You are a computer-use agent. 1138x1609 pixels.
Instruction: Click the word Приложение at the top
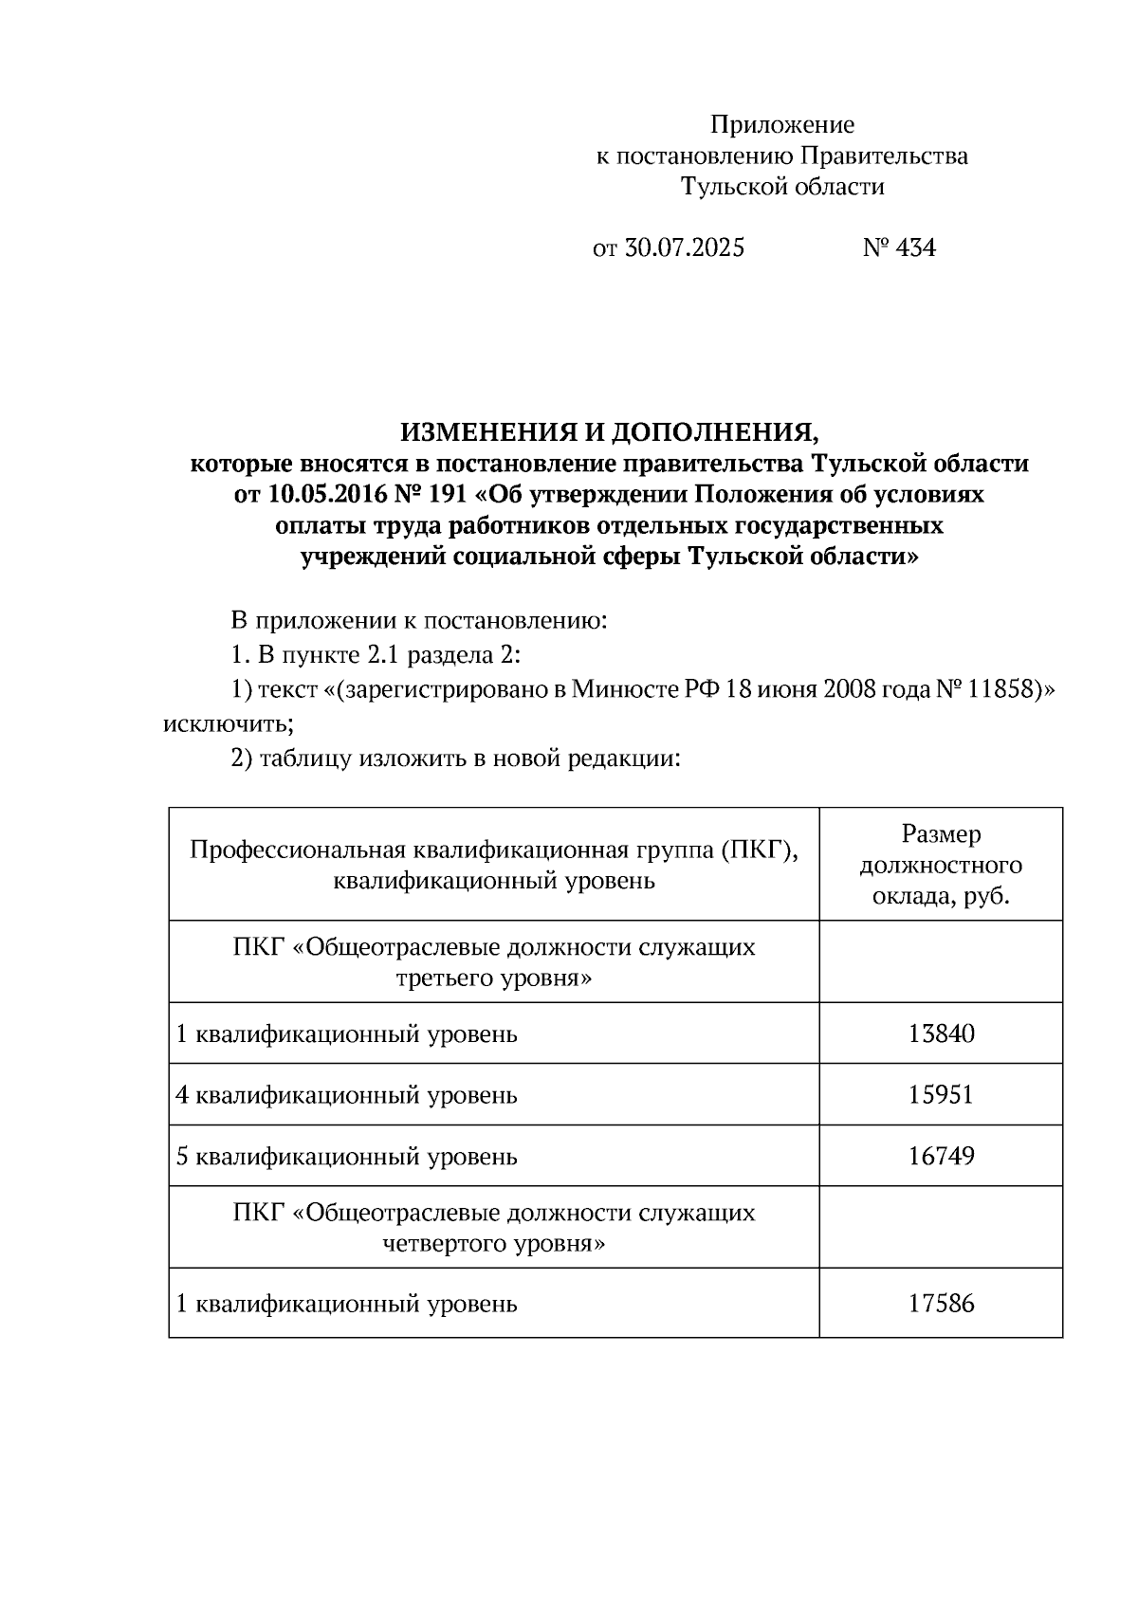[782, 125]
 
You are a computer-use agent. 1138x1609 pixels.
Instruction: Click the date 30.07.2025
[684, 248]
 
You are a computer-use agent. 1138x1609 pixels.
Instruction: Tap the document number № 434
[899, 248]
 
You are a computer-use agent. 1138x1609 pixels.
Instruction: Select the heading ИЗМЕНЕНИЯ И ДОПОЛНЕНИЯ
[609, 433]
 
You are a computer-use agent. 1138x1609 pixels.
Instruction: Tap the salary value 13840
[941, 1033]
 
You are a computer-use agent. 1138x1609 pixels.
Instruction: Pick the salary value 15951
[941, 1095]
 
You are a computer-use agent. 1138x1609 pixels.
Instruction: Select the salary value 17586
[941, 1304]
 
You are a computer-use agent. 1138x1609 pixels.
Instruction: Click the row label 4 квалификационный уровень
[347, 1095]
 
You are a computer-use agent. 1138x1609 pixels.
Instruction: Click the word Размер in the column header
[941, 834]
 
